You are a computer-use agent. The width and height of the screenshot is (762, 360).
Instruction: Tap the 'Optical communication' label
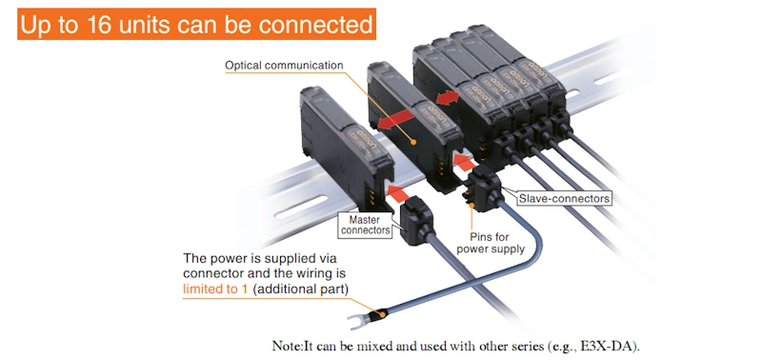coord(284,65)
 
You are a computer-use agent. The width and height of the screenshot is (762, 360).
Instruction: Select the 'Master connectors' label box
coord(365,225)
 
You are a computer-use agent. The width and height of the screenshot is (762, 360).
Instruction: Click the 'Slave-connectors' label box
coord(564,198)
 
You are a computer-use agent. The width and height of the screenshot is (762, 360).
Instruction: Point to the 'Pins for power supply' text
coord(491,243)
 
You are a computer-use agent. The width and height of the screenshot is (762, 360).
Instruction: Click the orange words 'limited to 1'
coord(215,290)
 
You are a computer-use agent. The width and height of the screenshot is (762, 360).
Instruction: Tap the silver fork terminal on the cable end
coord(359,321)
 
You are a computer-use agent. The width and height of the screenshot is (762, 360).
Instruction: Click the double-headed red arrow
coord(448,98)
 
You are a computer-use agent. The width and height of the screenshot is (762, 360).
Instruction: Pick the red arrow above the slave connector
coord(464,161)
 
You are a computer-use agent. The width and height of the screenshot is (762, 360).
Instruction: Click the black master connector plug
coord(415,224)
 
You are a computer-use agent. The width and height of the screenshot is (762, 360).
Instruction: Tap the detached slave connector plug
coord(484,188)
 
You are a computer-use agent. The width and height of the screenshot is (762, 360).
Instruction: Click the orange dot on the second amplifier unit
coord(413,142)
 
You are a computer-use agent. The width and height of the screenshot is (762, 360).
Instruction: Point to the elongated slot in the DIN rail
coord(301,207)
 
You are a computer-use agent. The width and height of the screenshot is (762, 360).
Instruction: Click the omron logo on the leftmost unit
coord(367,137)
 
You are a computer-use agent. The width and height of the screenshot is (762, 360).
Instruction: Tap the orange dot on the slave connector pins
coord(471,205)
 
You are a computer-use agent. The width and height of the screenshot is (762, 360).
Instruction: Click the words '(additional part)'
coord(301,290)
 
